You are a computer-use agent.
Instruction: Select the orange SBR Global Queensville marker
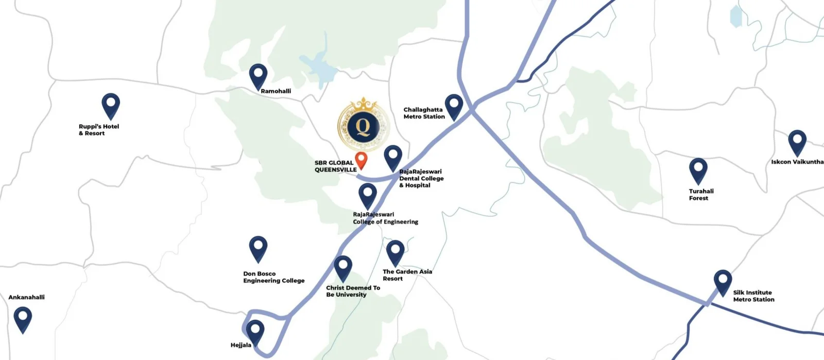click(362, 159)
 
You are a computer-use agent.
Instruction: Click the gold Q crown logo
click(363, 124)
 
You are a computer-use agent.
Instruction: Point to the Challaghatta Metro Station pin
click(454, 105)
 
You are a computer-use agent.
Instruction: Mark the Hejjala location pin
click(255, 331)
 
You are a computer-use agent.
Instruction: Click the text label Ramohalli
click(276, 91)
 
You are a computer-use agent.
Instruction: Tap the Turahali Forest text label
click(701, 195)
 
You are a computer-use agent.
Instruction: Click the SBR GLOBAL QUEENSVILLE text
click(335, 166)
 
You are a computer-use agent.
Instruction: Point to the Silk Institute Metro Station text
click(753, 296)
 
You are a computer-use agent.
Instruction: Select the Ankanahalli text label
click(27, 297)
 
